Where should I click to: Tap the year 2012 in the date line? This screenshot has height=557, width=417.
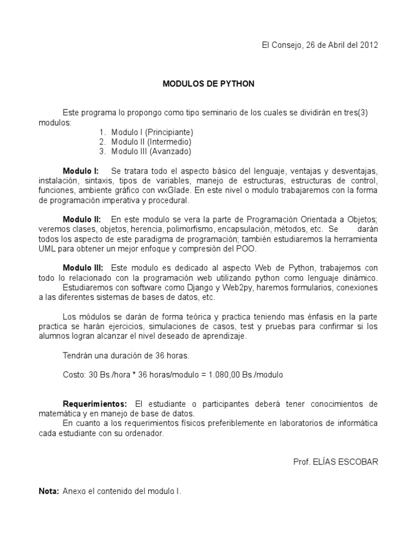[369, 45]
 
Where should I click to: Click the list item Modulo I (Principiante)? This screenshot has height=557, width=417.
[152, 132]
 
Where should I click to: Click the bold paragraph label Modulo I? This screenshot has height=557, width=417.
[80, 171]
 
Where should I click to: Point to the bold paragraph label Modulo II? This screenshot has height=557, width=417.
[81, 219]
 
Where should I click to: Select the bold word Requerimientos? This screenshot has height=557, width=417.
[95, 404]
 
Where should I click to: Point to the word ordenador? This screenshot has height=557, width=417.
[144, 434]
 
